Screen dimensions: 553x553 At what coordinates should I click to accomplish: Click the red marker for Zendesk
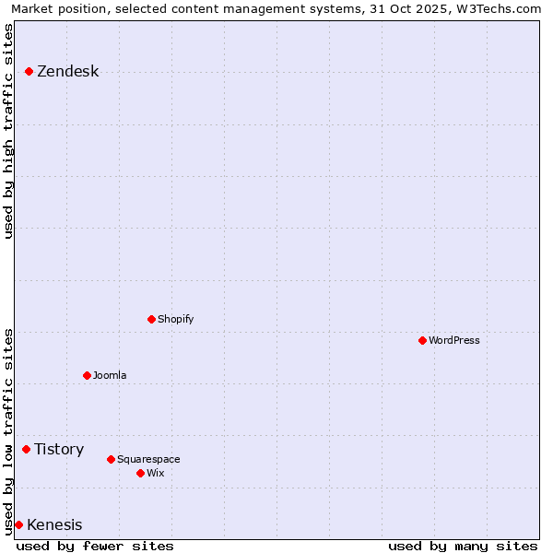coord(29,71)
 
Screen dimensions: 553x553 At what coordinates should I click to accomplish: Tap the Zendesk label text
coord(67,72)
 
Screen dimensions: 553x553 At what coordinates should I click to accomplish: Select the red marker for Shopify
coord(151,319)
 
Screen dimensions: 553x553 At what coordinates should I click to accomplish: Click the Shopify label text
coord(175,319)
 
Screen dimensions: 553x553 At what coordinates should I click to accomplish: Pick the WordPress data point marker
coord(422,340)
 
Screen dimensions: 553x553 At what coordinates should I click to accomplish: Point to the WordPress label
coord(453,340)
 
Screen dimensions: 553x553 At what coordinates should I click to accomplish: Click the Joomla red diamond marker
coord(87,375)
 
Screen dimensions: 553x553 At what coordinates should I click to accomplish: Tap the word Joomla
coord(110,375)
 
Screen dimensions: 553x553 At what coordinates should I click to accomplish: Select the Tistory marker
coord(27,449)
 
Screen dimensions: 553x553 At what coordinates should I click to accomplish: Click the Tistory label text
coord(59,450)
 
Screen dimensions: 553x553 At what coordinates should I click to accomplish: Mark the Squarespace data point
coord(111,459)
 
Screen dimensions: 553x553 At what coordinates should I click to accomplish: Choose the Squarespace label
coord(148,459)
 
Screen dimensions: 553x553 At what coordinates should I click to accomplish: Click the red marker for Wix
coord(140,473)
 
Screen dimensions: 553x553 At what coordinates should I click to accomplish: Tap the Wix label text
coord(155,473)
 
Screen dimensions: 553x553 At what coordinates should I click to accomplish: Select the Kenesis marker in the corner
coord(18,524)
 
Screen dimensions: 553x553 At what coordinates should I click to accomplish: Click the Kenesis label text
coord(54,525)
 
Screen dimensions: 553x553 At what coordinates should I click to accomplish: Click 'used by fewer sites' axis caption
coord(95,546)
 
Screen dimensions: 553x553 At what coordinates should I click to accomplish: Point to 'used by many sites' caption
coord(463,546)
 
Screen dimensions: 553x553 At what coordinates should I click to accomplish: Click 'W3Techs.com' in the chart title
coord(496,9)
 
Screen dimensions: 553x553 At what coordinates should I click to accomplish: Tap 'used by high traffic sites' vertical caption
coord(9,131)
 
